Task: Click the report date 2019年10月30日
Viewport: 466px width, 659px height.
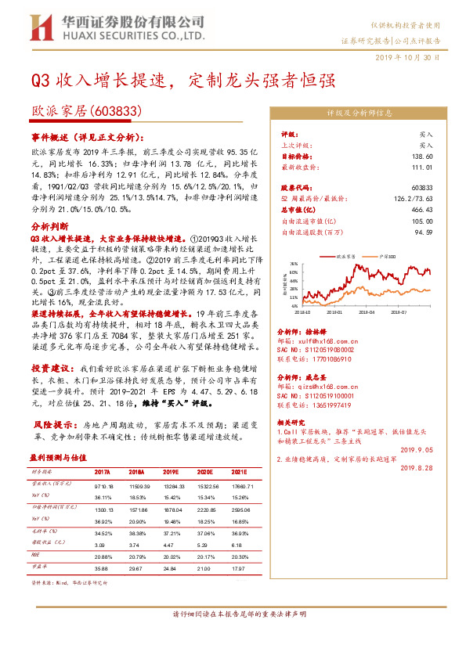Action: [418, 58]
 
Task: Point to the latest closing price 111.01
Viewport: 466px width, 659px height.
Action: [422, 167]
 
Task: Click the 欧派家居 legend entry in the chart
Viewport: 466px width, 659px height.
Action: [344, 255]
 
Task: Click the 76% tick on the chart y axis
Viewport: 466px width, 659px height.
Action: [293, 264]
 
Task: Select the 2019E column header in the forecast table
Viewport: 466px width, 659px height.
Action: [172, 473]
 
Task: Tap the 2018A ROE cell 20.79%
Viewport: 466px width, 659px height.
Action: [137, 554]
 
